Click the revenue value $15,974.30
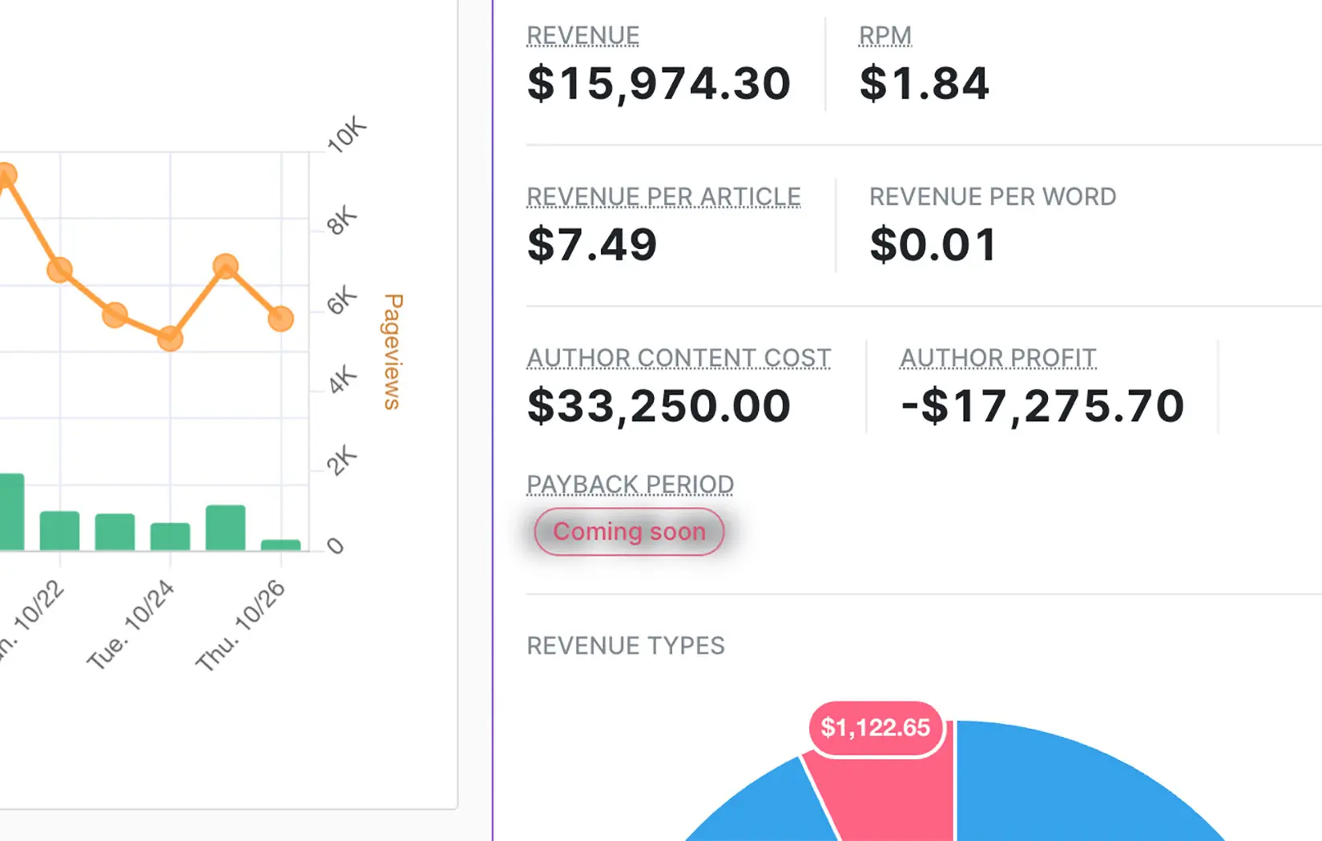point(659,84)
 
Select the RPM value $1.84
point(924,84)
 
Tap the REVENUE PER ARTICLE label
point(663,197)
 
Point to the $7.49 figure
point(592,245)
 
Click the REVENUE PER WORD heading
point(993,197)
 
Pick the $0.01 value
point(933,245)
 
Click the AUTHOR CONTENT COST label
point(679,358)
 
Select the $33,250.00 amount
point(659,406)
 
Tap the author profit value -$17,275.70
point(1042,406)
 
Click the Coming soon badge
point(629,532)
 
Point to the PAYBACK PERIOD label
point(630,485)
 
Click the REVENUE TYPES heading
point(625,646)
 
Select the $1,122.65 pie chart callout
point(875,728)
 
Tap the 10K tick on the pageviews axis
point(346,135)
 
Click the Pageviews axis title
point(393,352)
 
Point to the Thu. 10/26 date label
point(240,626)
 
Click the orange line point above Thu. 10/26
point(280,319)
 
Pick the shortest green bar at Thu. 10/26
point(280,545)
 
